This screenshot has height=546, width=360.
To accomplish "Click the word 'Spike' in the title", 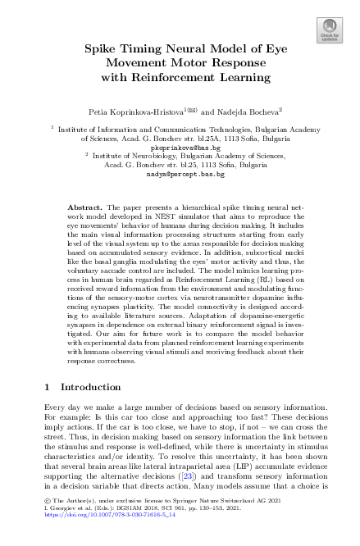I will [x=103, y=49].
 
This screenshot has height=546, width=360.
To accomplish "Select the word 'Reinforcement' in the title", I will [x=217, y=77].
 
